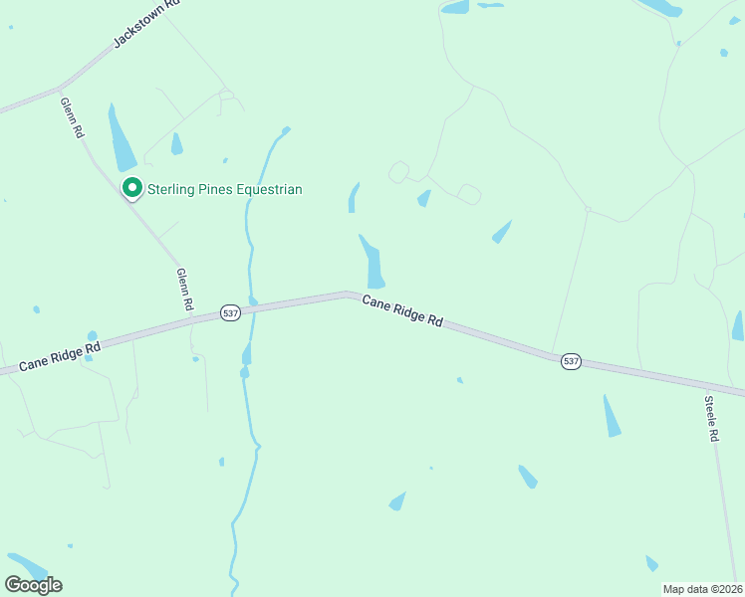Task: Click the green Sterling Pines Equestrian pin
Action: [130, 187]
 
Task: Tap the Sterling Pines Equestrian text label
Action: [225, 189]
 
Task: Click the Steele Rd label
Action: [712, 419]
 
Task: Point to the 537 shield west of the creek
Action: [230, 313]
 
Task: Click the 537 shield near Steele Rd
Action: [570, 360]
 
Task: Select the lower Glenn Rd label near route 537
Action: [184, 290]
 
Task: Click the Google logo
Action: [33, 584]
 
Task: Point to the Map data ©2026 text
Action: [702, 589]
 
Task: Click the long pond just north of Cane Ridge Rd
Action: [373, 263]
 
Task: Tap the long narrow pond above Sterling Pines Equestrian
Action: [122, 139]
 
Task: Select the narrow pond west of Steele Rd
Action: [611, 416]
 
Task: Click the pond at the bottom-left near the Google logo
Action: [27, 566]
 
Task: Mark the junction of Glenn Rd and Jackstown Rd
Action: [60, 88]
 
